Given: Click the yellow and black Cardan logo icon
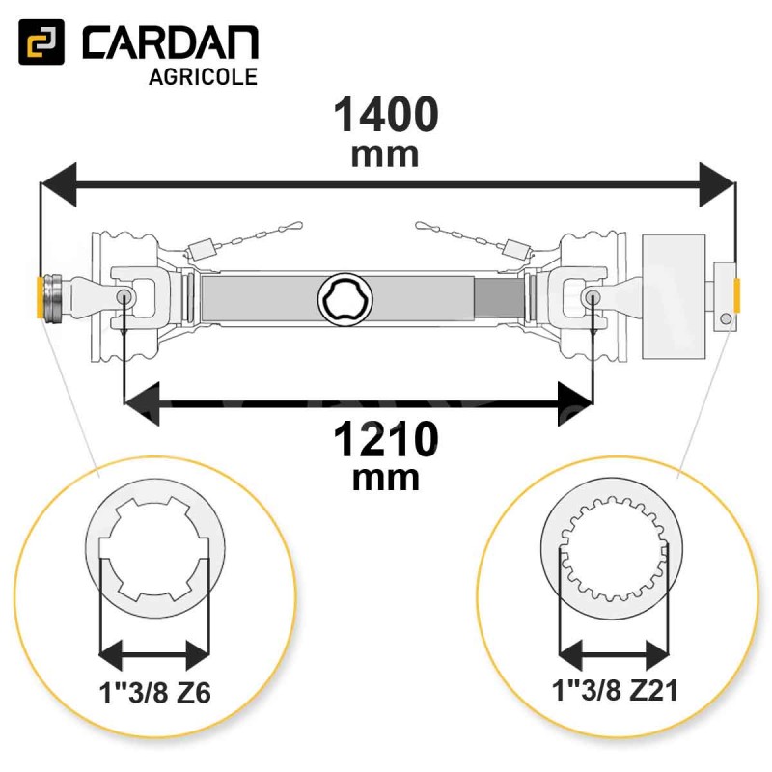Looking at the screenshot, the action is coord(41,41).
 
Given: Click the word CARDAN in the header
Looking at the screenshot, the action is coord(171,43).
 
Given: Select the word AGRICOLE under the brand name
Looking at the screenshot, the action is coord(203,77).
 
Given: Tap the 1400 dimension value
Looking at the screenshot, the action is coord(386,115).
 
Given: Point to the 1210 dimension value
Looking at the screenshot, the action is coord(386,440).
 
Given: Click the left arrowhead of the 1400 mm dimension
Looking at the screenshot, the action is coord(59,184).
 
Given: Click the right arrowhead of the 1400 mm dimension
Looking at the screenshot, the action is coord(717,184).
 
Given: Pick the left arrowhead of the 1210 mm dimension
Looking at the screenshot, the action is coord(142,403).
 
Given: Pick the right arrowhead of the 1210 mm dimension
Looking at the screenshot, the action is coord(575,403).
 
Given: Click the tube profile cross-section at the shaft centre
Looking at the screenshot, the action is coord(345,298).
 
